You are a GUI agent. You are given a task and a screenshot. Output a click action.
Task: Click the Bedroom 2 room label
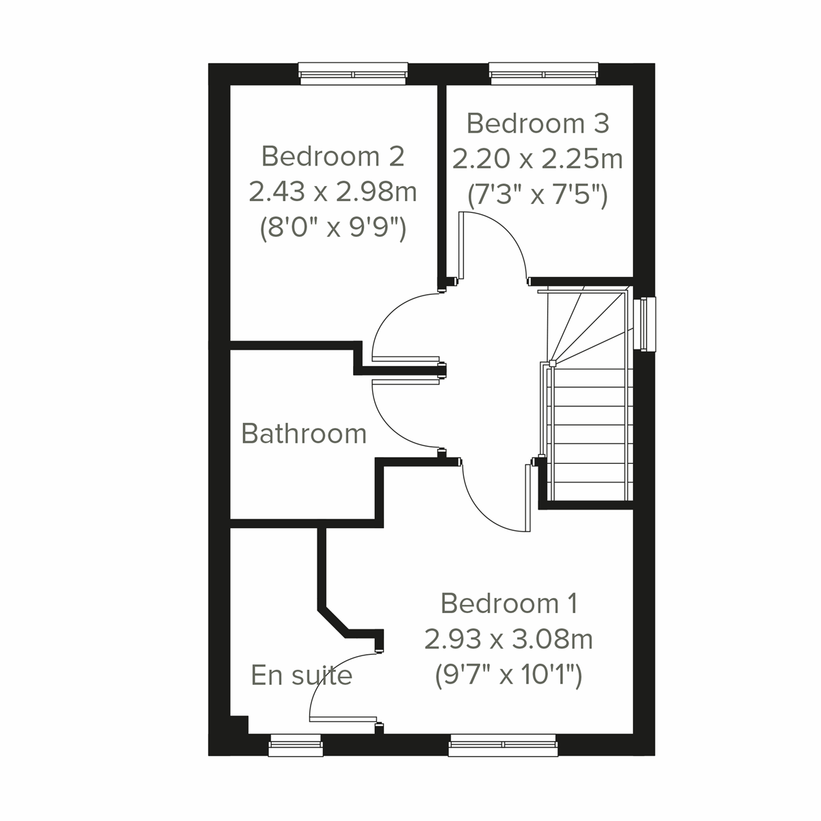333,157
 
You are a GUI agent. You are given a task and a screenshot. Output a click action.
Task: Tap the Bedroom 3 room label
537,124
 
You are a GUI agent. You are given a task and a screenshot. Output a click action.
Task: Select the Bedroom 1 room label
509,603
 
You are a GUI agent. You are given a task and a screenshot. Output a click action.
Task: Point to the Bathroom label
304,434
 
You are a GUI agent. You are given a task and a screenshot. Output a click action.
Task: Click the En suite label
301,675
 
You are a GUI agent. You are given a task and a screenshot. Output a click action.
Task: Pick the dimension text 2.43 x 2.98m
333,192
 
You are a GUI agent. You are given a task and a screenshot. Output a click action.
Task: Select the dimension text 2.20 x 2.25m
537,159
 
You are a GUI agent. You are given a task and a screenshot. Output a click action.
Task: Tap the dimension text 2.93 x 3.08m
508,640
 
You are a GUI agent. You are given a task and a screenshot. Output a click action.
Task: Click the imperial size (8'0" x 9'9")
333,229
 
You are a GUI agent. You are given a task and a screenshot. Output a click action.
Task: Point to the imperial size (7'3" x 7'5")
537,196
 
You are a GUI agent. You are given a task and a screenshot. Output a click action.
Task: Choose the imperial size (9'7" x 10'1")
508,676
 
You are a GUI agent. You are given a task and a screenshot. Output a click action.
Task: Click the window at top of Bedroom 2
353,74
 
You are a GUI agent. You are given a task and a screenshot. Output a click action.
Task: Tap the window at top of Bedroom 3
544,74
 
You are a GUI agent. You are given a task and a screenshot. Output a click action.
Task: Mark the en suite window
295,746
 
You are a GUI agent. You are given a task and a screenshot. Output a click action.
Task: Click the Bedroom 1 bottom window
503,746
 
